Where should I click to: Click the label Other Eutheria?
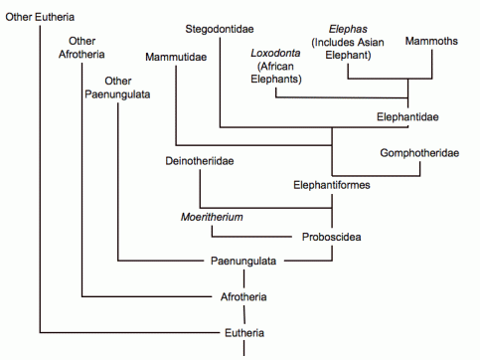pyautogui.click(x=40, y=18)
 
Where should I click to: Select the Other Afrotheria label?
pyautogui.click(x=82, y=46)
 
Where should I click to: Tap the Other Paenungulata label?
pyautogui.click(x=118, y=88)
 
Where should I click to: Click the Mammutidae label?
pyautogui.click(x=175, y=57)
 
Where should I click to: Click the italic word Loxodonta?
pyautogui.click(x=275, y=53)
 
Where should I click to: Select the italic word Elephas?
pyautogui.click(x=341, y=29)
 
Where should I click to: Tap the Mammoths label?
pyautogui.click(x=431, y=41)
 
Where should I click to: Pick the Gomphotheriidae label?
pyautogui.click(x=419, y=153)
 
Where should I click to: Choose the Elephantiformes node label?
pyautogui.click(x=331, y=184)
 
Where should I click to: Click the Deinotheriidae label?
pyautogui.click(x=201, y=160)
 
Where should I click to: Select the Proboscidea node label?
pyautogui.click(x=330, y=237)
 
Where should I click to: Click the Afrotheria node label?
pyautogui.click(x=243, y=296)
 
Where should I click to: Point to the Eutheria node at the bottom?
pyautogui.click(x=243, y=332)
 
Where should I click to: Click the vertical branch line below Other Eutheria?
pyautogui.click(x=40, y=179)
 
